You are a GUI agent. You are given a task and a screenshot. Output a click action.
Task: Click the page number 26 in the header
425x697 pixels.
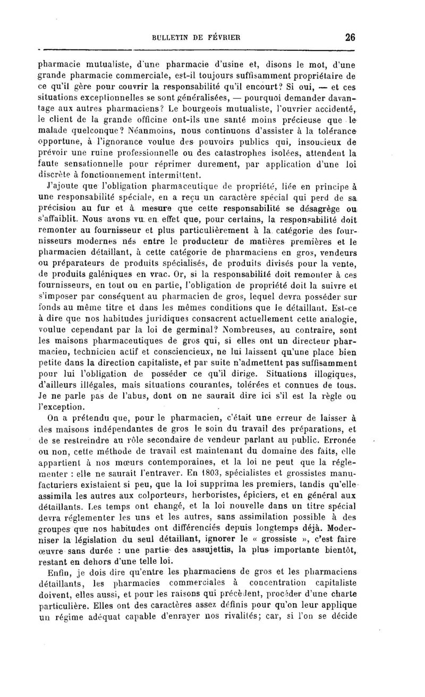pyautogui.click(x=349, y=37)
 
